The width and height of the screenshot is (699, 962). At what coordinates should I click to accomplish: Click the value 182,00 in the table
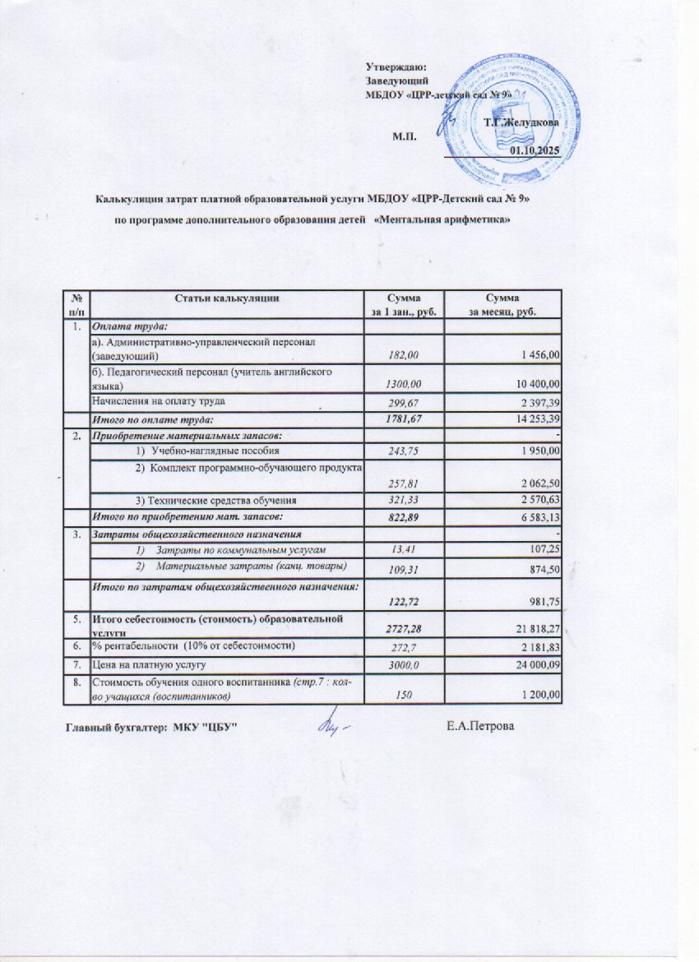pos(403,354)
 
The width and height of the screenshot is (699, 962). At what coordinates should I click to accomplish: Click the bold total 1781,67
pos(402,420)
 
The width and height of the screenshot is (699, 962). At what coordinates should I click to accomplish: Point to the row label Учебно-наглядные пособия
pos(215,451)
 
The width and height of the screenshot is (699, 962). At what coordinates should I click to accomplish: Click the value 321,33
pos(403,499)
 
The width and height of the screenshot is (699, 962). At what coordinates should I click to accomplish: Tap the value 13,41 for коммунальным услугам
pos(403,548)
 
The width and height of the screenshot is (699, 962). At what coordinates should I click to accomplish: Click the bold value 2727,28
pos(402,628)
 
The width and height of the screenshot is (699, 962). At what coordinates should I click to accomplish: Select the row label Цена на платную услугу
pos(148,663)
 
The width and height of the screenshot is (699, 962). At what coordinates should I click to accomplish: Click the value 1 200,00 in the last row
pos(537,696)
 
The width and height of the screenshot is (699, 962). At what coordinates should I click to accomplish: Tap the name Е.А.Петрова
pos(480,726)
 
